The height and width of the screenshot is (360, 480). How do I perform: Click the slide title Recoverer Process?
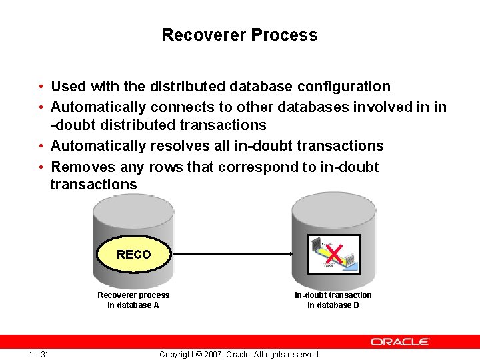tap(239, 35)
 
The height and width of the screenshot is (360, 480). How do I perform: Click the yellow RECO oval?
tap(134, 254)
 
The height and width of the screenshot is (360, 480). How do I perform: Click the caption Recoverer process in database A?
tap(133, 300)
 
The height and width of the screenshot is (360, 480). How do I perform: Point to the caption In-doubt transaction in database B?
tap(333, 300)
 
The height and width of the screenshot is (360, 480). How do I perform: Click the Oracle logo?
tap(400, 341)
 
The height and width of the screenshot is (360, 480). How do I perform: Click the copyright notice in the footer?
tap(239, 354)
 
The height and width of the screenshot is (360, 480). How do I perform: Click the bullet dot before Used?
tap(41, 87)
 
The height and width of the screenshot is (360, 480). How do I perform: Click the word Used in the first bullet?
tap(68, 87)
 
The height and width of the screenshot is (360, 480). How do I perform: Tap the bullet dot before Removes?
tap(41, 167)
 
